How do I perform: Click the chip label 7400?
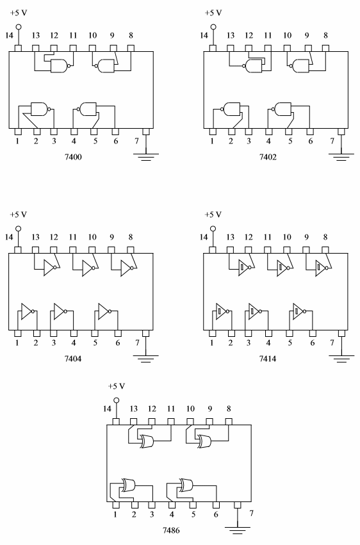click(73, 157)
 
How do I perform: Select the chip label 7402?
click(268, 157)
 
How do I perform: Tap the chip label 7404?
click(73, 359)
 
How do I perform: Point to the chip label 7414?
click(268, 359)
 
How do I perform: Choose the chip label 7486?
click(171, 530)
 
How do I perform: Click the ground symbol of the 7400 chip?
click(146, 156)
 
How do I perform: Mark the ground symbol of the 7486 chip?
click(238, 530)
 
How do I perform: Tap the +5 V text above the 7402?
click(213, 13)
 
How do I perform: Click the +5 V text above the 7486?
click(117, 386)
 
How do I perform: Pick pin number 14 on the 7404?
click(9, 237)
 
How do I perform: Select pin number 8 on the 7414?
click(325, 237)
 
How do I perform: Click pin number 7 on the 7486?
click(252, 513)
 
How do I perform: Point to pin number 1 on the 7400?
click(17, 141)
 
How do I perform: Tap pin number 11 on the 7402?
click(268, 35)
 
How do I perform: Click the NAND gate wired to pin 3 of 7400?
click(40, 109)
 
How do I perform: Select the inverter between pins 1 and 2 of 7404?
click(28, 311)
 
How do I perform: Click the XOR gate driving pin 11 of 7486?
click(148, 441)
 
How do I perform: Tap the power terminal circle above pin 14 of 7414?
click(213, 229)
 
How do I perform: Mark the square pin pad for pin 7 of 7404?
click(146, 334)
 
